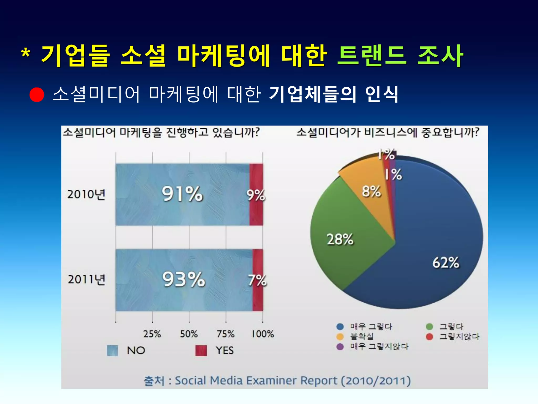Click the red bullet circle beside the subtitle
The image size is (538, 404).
point(37,94)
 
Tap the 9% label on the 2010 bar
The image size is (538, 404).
point(256,195)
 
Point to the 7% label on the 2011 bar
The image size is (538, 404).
point(257,280)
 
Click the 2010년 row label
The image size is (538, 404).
point(86,194)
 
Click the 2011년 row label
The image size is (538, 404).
point(87,279)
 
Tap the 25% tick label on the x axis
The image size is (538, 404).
point(152,334)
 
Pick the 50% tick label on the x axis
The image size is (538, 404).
point(189,334)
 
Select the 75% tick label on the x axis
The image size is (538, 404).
point(226,334)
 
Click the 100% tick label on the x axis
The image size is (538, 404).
point(263,334)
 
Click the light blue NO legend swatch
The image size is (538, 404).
point(112,351)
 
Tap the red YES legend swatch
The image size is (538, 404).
point(201,351)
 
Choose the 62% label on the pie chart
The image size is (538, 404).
point(446,262)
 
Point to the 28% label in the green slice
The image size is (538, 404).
point(340,239)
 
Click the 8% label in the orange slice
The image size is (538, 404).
point(371,191)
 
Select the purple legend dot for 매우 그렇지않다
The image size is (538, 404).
point(340,347)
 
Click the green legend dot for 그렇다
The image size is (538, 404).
point(429,327)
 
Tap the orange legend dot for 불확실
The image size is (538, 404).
point(340,337)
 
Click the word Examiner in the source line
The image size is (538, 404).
point(271,381)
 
